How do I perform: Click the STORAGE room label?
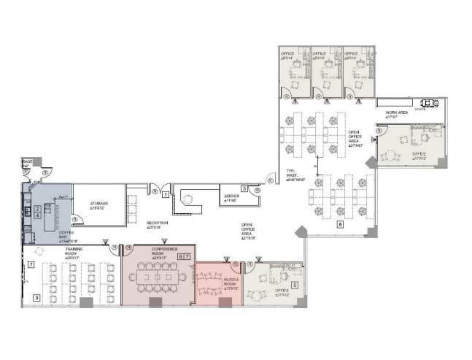click(99, 206)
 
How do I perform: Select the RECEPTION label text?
click(158, 225)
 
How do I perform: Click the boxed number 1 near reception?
click(166, 194)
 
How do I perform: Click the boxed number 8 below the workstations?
click(339, 226)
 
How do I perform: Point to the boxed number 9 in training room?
click(36, 298)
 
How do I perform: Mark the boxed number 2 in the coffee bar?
click(36, 209)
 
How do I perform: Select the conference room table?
click(158, 277)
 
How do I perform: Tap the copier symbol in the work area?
click(427, 103)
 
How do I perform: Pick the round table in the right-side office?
click(392, 155)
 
